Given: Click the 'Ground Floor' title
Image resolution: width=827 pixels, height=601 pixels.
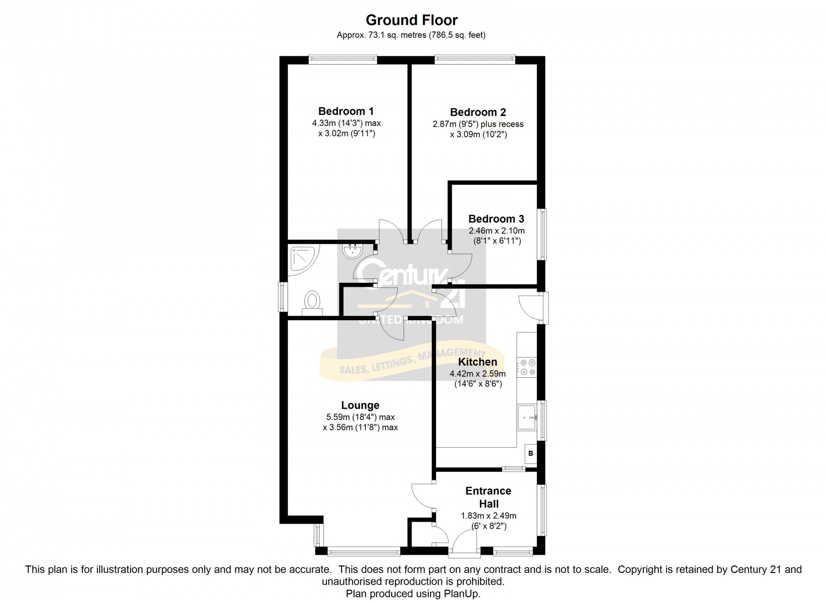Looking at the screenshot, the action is [412, 20].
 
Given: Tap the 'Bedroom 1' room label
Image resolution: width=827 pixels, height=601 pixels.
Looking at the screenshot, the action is [346, 111].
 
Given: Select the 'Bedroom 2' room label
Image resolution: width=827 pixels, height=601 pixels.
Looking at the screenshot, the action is [478, 112].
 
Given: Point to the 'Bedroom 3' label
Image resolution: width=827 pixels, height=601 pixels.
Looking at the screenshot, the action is [496, 219].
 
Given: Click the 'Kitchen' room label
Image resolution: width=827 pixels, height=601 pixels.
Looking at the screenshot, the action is [478, 362].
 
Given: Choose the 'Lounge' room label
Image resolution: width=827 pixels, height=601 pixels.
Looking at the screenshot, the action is [360, 405].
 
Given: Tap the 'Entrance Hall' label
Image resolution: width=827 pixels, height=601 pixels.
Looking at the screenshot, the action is [488, 497].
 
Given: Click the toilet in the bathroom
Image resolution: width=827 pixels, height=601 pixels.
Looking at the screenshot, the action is [312, 303].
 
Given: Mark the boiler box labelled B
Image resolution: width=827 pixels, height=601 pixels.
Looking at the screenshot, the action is [531, 453].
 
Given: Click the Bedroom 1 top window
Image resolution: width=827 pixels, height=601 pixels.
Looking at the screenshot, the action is [343, 60].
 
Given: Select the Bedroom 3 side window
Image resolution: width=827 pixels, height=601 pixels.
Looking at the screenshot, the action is [542, 234].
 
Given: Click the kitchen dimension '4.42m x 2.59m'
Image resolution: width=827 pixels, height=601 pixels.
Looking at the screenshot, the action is [478, 374].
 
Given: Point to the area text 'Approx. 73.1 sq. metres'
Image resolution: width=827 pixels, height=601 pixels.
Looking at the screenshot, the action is [381, 35].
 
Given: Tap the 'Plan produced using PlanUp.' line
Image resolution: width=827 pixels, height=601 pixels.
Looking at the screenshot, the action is [413, 594].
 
